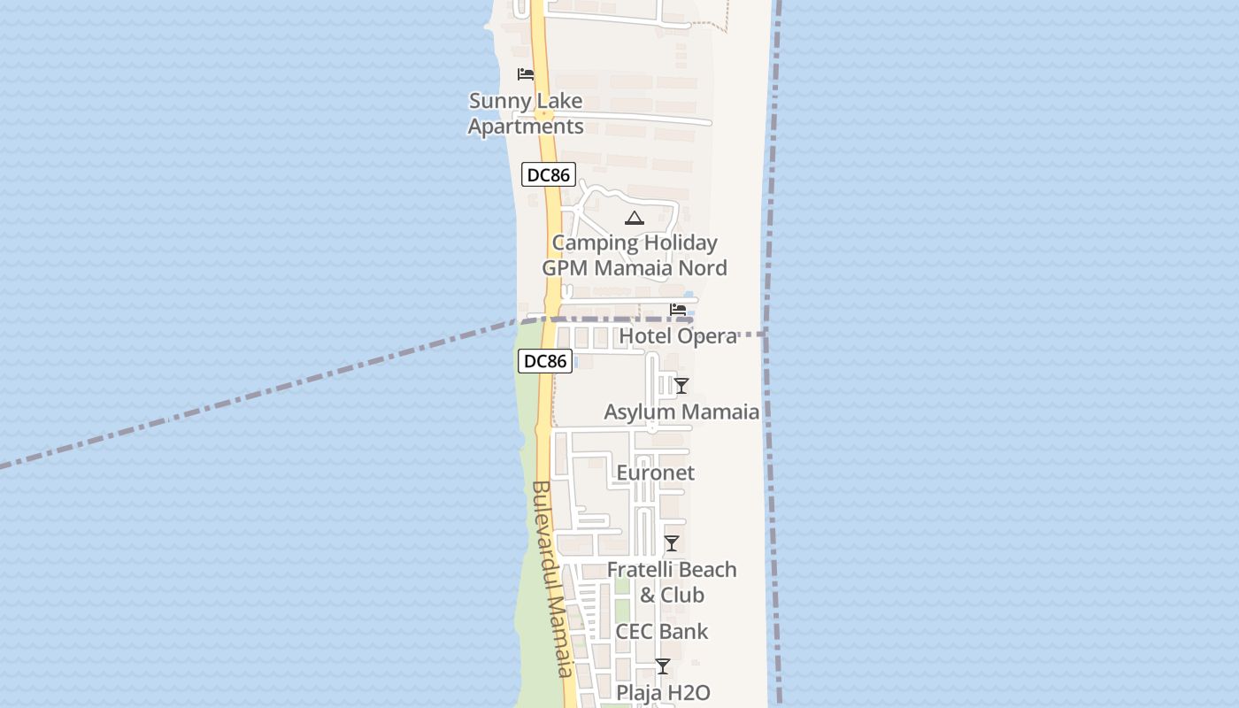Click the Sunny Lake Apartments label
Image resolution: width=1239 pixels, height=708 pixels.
pos(526,114)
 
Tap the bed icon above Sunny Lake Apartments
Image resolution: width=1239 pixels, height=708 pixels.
pos(526,74)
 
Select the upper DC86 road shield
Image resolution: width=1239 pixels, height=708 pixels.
pos(548,175)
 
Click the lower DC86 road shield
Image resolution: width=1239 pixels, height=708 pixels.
pos(544,361)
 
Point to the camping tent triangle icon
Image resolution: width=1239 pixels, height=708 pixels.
pos(634,218)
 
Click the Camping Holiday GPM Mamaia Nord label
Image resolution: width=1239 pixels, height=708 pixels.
pos(635,255)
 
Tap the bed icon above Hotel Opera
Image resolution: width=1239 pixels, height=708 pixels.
pos(678,310)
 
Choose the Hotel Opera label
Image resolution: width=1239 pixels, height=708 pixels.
pos(678,336)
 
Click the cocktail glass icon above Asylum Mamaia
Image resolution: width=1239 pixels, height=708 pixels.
pos(681,385)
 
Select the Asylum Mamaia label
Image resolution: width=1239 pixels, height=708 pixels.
pos(681,412)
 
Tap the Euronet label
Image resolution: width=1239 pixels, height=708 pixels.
pos(655,473)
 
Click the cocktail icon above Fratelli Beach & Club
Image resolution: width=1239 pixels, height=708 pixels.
pos(672,543)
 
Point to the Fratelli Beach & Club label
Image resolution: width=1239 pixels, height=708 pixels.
pos(672,581)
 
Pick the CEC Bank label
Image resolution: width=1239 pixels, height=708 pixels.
pos(662,631)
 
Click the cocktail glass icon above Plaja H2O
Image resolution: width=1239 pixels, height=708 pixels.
pos(662,666)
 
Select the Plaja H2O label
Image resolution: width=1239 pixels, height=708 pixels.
pos(663,692)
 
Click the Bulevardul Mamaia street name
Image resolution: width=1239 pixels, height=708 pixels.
pos(554,580)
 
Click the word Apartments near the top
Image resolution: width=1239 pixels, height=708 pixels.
pos(526,127)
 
